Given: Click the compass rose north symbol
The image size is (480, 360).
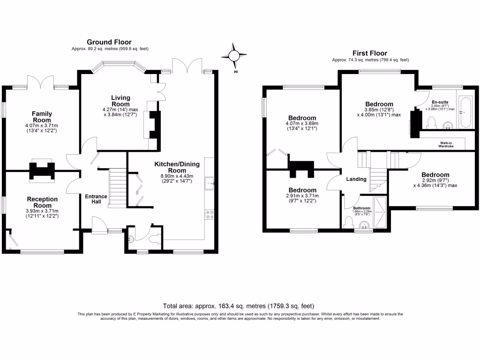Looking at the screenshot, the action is pyautogui.click(x=234, y=56).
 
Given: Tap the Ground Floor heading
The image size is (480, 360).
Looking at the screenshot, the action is pyautogui.click(x=109, y=42).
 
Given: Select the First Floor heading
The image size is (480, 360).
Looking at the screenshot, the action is pyautogui.click(x=370, y=53).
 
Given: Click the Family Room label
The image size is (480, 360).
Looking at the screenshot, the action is pyautogui.click(x=42, y=117).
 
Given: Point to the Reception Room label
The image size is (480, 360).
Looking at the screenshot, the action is pyautogui.click(x=42, y=202).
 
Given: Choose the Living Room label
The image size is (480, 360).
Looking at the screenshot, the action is pyautogui.click(x=120, y=101).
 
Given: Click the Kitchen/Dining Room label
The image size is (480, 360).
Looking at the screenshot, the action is pyautogui.click(x=177, y=167).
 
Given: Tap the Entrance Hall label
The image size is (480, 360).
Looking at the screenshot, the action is pyautogui.click(x=96, y=199).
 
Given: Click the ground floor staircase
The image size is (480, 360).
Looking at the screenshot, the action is pyautogui.click(x=118, y=188).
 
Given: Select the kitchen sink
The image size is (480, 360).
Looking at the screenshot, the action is pyautogui.click(x=210, y=183).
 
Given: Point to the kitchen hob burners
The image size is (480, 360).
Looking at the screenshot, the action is pyautogui.click(x=210, y=214).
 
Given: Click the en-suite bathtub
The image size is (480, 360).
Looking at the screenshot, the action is pyautogui.click(x=465, y=112).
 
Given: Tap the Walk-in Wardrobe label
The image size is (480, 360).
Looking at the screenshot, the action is pyautogui.click(x=446, y=144).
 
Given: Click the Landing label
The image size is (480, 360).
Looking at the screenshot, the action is pyautogui.click(x=356, y=179).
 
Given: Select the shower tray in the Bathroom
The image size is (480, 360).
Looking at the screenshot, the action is pyautogui.click(x=380, y=212).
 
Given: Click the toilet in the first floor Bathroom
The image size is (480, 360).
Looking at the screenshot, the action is pyautogui.click(x=349, y=223).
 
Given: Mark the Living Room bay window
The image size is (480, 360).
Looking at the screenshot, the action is pyautogui.click(x=119, y=66).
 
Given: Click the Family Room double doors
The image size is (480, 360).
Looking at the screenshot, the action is pyautogui.click(x=41, y=82).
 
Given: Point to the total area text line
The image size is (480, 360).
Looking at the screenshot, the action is pyautogui.click(x=239, y=306).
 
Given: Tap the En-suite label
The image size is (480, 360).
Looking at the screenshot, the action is pyautogui.click(x=440, y=102).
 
